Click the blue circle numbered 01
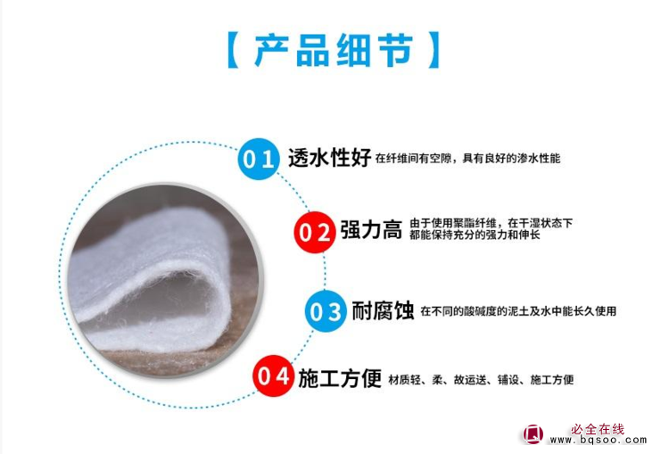[x=259, y=159]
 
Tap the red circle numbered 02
[x=315, y=232]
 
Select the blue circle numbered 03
[x=326, y=311]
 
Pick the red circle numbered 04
[x=274, y=376]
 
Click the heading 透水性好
[x=329, y=158]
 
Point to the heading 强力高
[x=371, y=230]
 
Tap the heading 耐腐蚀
[x=383, y=310]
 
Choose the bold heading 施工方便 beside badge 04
[x=340, y=378]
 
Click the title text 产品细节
[x=334, y=50]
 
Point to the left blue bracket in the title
[x=233, y=50]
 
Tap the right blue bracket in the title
[x=434, y=50]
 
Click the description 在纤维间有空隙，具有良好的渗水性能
[x=467, y=159]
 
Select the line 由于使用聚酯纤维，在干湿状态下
[x=491, y=223]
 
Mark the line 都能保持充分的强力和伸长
[x=475, y=235]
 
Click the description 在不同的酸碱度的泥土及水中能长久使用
[x=518, y=311]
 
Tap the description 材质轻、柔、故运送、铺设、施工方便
[x=481, y=379]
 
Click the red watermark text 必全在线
[x=598, y=429]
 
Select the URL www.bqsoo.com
[x=599, y=440]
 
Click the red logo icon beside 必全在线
[x=533, y=434]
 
